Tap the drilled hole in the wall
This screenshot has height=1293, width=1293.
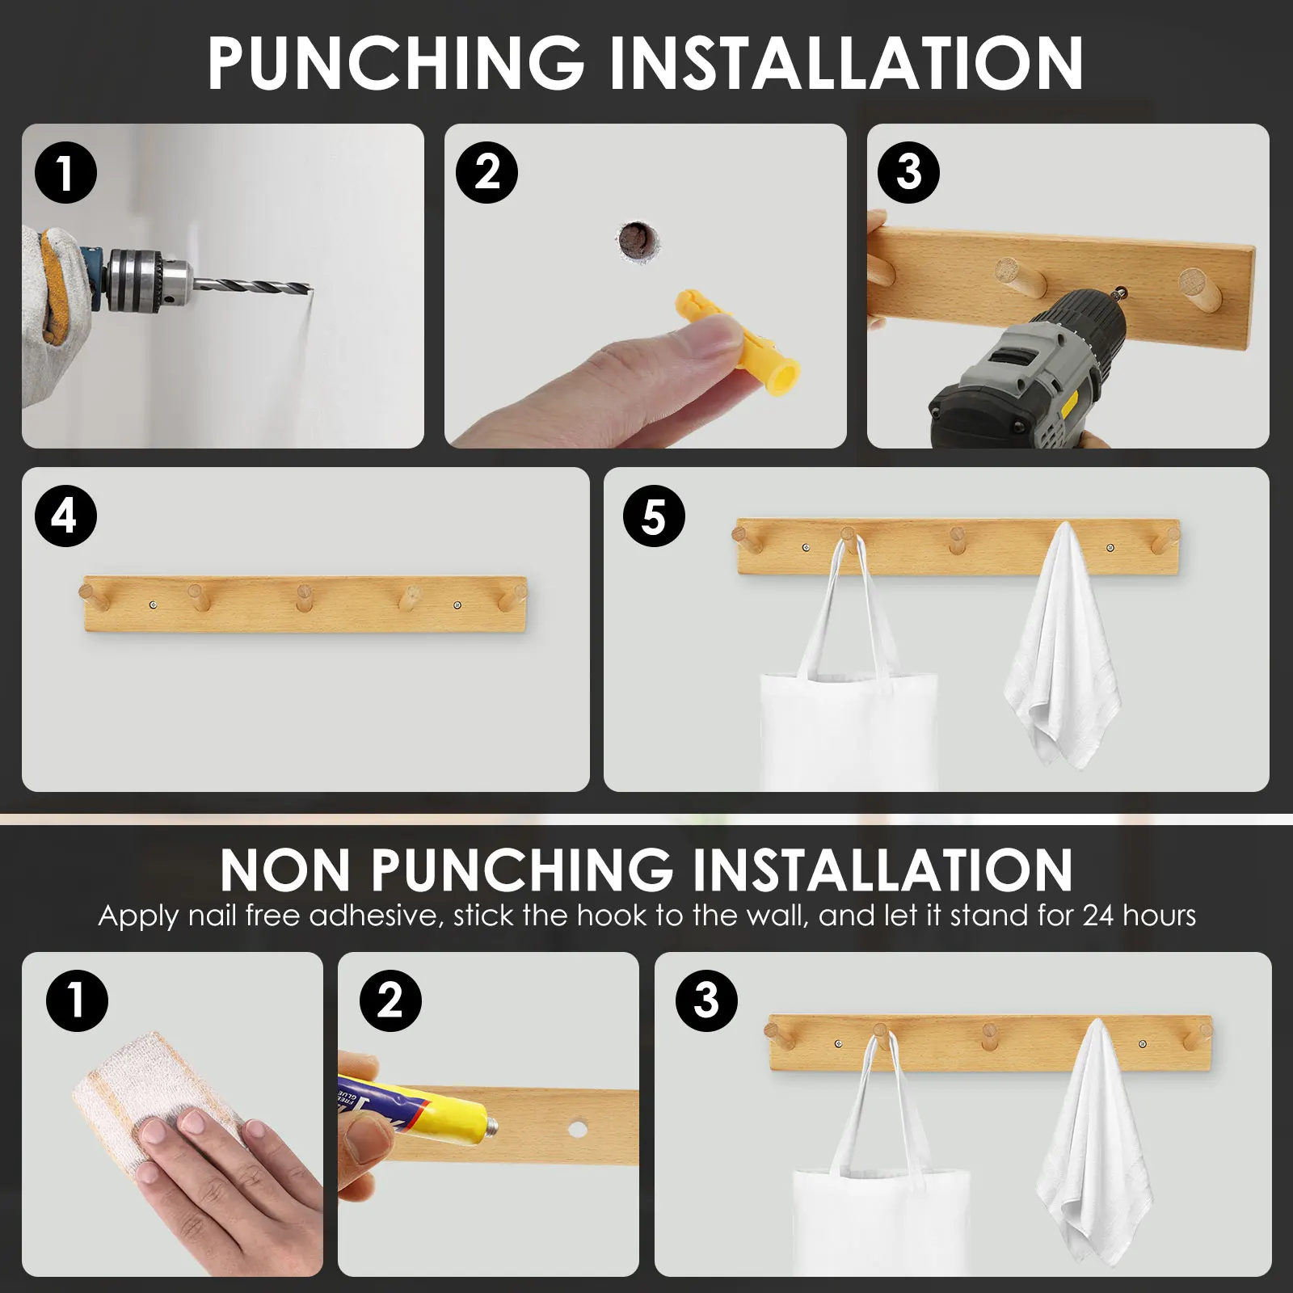637,240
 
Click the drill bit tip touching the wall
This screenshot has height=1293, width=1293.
310,289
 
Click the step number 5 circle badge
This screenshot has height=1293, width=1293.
654,516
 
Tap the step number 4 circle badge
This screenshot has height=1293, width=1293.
65,516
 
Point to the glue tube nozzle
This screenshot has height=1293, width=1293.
489,1127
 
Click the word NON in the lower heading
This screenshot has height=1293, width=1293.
284,870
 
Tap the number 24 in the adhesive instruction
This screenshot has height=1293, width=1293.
1098,916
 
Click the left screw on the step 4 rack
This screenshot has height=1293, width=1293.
154,604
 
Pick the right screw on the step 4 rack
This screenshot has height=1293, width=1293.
458,604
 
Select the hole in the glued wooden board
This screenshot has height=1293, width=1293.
577,1128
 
